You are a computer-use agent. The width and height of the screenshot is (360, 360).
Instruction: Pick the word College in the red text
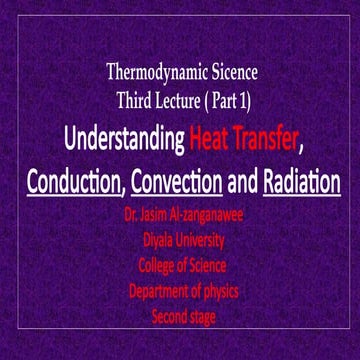142,265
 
